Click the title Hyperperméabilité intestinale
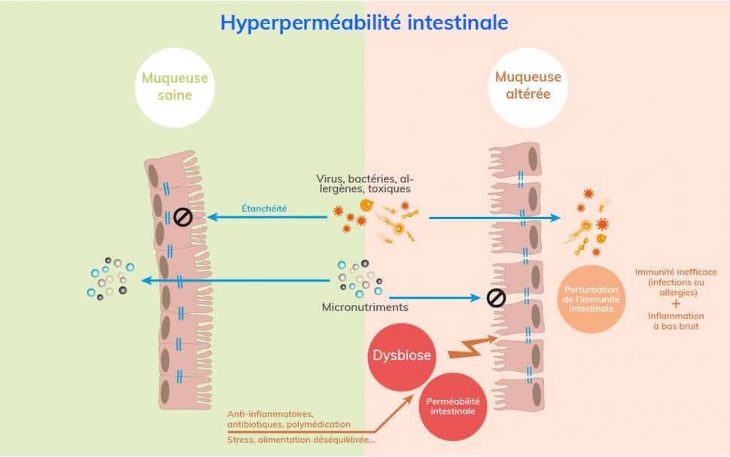(x=364, y=23)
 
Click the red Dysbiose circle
(x=403, y=355)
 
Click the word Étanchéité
(x=264, y=208)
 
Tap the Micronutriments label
(x=354, y=307)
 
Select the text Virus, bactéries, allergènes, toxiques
(x=363, y=184)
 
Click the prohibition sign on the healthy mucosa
(x=183, y=218)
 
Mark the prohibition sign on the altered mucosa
(x=496, y=298)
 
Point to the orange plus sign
(x=675, y=303)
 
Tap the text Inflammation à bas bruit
(x=676, y=321)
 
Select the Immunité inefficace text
(x=676, y=282)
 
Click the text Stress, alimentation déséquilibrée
(x=300, y=440)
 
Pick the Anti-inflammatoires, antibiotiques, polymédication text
(x=288, y=419)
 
